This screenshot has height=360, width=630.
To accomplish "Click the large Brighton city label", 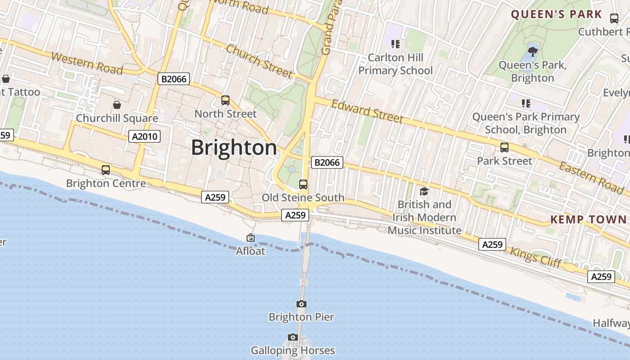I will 234,148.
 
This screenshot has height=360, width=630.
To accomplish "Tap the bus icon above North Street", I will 225,100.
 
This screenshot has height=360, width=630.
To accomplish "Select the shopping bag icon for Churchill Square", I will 117,105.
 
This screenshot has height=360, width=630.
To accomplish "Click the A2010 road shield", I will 144,136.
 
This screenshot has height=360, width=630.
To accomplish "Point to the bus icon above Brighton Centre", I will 106,170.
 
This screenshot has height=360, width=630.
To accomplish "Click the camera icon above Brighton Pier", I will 301,304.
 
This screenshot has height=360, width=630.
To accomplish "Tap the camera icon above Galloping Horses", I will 293,337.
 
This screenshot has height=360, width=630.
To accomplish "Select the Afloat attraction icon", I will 251,238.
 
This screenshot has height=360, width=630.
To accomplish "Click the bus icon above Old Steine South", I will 303,184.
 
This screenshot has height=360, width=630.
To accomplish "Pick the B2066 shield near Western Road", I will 174,79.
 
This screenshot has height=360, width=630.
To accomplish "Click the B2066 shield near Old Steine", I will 327,162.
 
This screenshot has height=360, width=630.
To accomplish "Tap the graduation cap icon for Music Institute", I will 424,192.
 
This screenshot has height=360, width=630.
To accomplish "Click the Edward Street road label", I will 367,111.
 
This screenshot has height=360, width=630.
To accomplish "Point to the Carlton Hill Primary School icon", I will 396,44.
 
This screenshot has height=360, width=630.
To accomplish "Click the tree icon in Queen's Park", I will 533,51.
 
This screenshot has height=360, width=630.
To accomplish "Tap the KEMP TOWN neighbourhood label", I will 588,220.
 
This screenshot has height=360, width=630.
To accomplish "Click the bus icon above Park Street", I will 504,148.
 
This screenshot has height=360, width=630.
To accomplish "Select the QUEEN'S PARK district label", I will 556,14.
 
